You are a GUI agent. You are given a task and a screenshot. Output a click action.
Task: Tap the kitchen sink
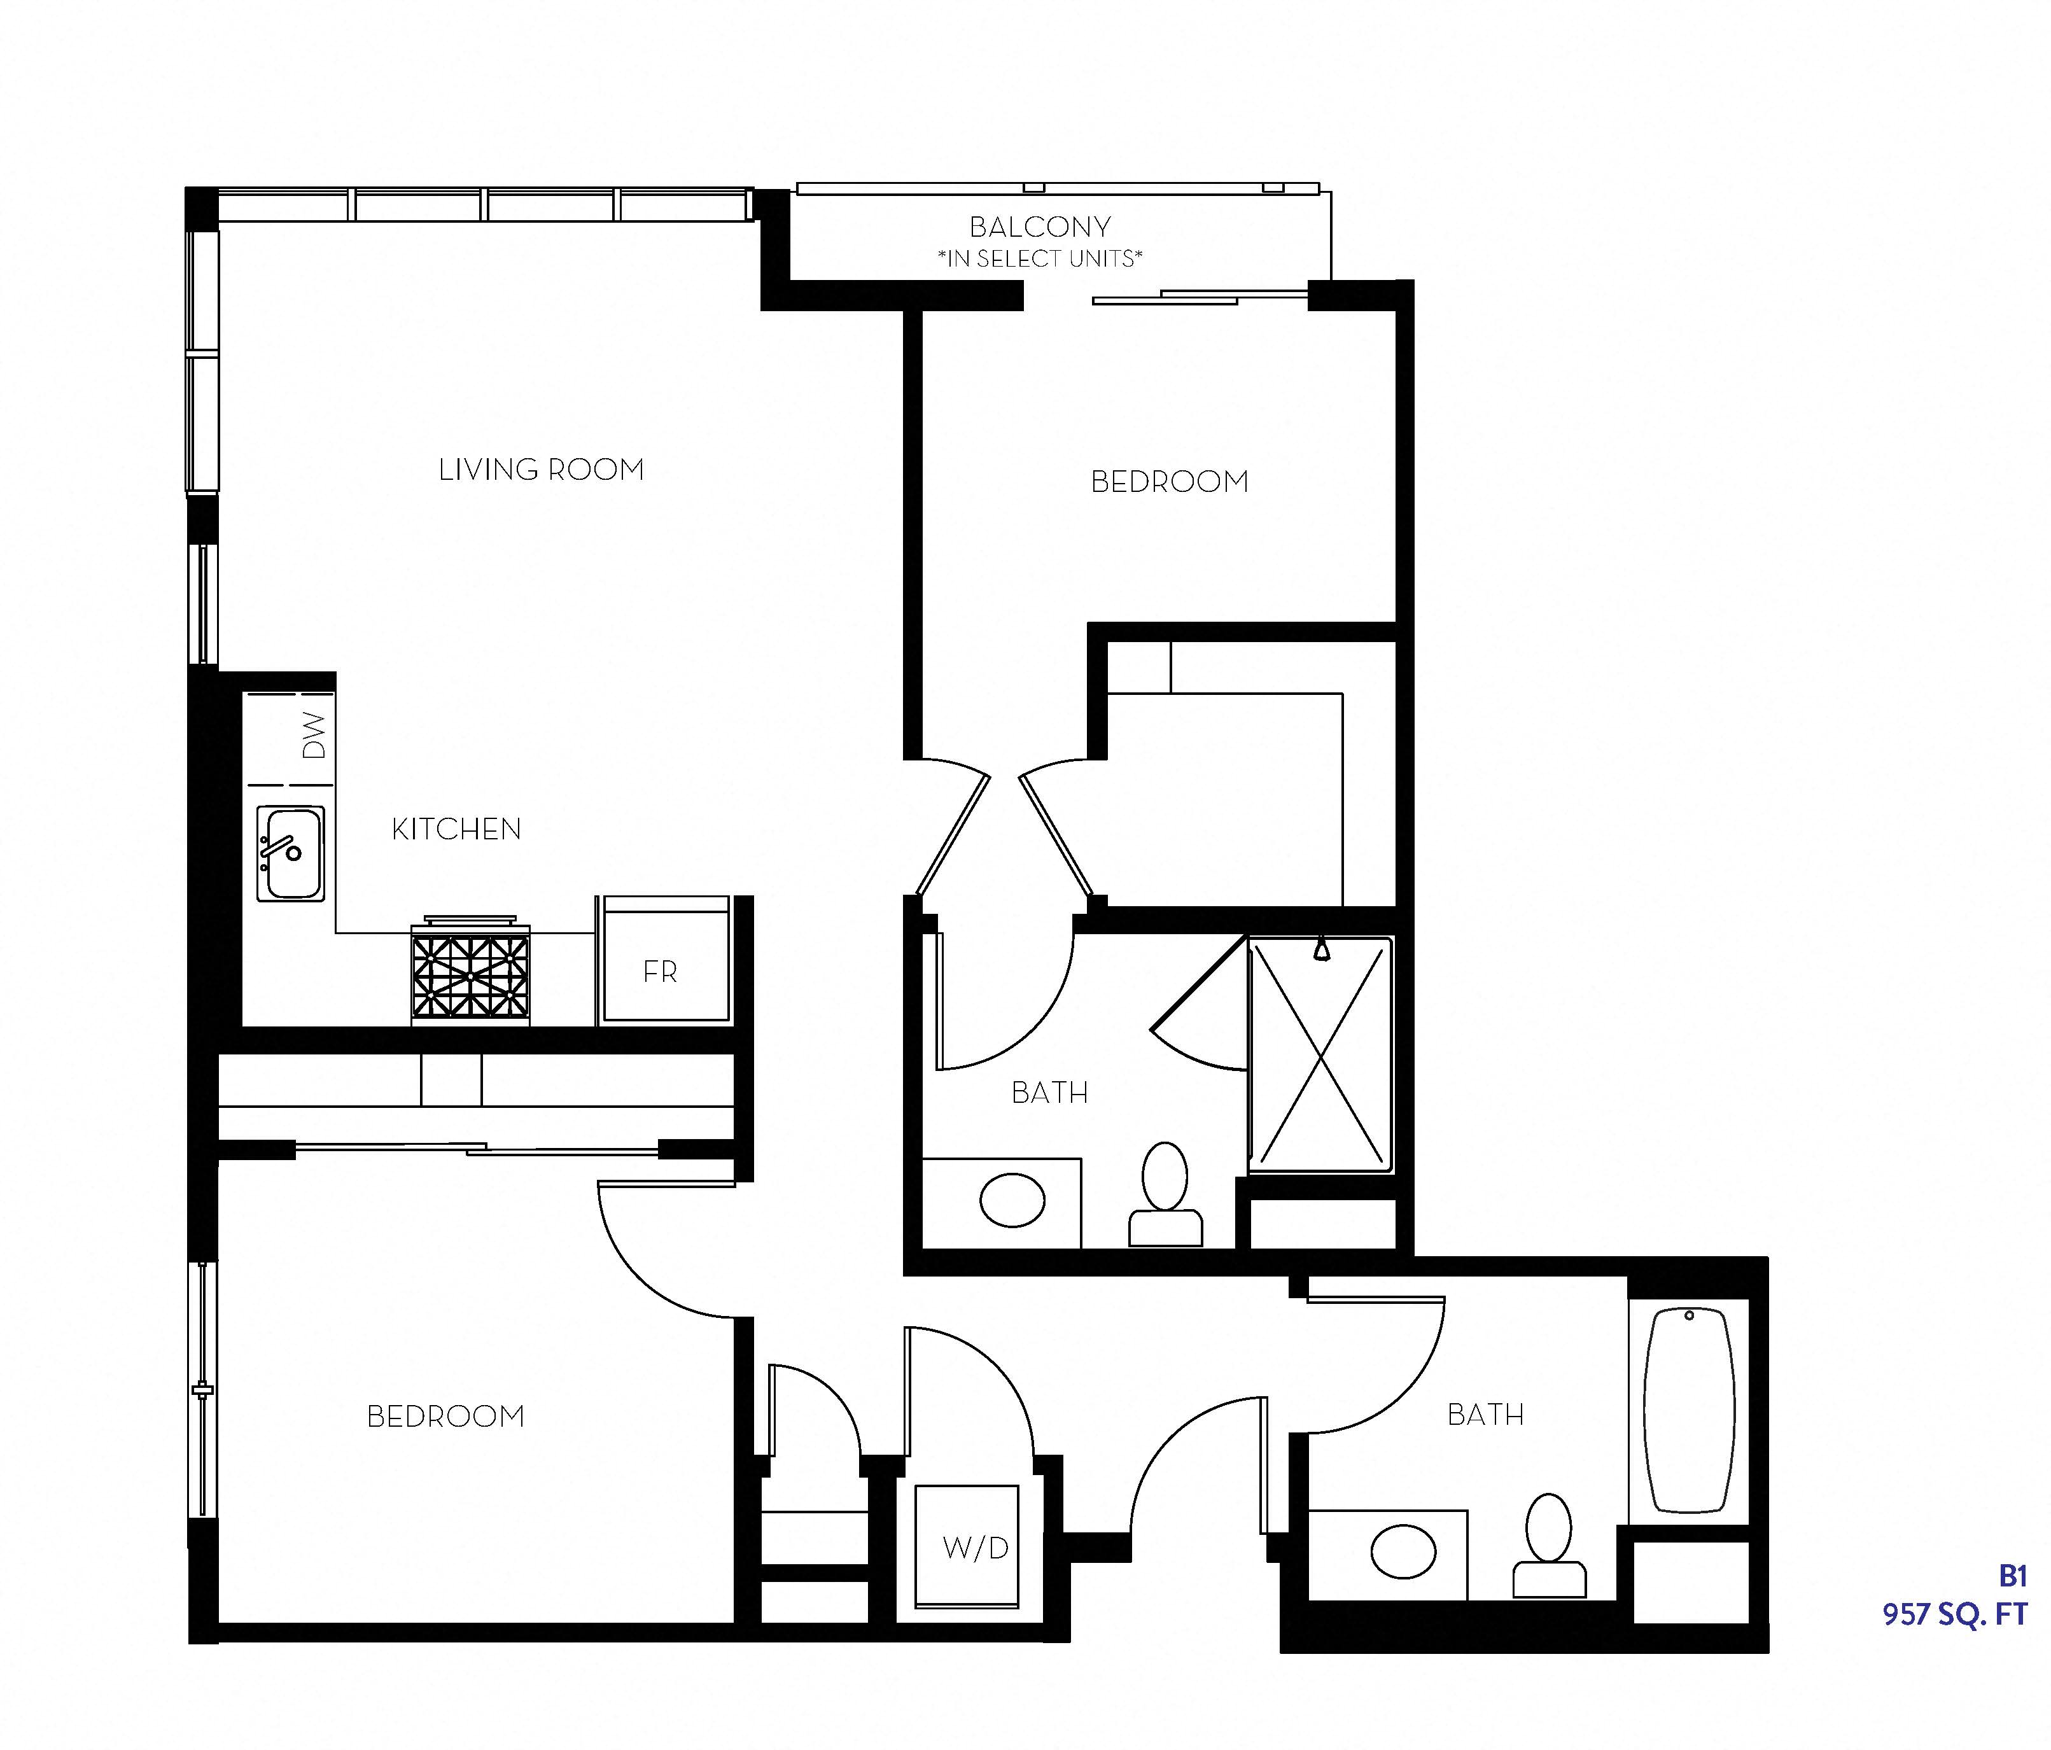[x=290, y=852]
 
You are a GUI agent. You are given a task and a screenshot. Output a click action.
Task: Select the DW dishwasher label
[x=314, y=736]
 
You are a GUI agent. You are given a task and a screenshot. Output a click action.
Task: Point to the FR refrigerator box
[x=661, y=971]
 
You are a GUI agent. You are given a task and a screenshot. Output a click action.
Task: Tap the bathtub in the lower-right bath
[x=1689, y=1410]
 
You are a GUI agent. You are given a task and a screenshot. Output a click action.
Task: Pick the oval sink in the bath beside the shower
[x=1012, y=1201]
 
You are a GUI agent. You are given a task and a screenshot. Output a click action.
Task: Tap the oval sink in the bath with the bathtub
[x=1403, y=1551]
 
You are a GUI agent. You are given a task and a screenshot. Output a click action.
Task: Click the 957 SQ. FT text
[x=1954, y=1614]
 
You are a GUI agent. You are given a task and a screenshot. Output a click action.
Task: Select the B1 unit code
[x=2012, y=1575]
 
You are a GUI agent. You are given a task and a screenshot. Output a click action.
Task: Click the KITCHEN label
[x=456, y=829]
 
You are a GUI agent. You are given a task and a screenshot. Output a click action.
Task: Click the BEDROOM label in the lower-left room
[x=445, y=1417]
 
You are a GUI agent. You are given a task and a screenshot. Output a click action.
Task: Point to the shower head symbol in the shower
[x=1322, y=950]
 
